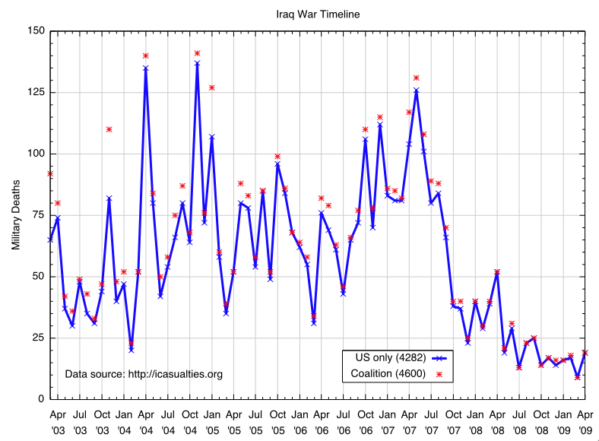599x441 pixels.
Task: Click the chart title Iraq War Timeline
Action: click(x=308, y=14)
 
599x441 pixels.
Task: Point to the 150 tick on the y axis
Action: click(x=35, y=31)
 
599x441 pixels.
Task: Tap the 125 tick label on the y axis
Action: click(x=35, y=93)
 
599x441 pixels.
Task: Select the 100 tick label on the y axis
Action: click(x=35, y=154)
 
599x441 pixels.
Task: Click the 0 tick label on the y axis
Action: click(x=40, y=399)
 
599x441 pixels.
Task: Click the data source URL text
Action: click(x=144, y=374)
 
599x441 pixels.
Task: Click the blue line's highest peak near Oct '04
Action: click(x=197, y=63)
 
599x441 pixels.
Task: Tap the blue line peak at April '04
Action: click(x=145, y=68)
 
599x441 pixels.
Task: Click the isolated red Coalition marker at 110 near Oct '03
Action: click(x=109, y=129)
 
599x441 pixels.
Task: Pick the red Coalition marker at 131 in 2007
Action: click(x=417, y=78)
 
